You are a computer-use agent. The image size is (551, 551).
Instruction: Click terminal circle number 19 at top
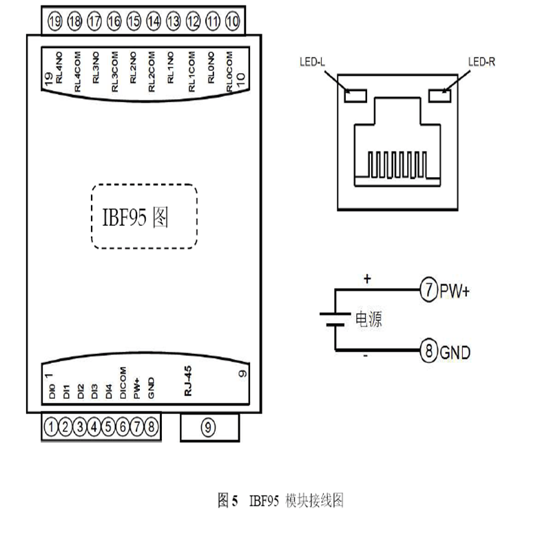(x=56, y=22)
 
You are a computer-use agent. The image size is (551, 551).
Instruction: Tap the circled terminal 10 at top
(x=233, y=22)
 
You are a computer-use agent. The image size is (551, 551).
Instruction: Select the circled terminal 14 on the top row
(x=154, y=22)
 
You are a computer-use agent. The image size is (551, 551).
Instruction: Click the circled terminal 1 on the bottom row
(x=50, y=428)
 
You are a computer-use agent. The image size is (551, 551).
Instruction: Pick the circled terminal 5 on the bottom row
(x=108, y=428)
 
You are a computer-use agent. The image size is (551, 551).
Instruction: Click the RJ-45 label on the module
(x=188, y=382)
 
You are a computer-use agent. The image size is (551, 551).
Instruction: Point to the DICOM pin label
(x=123, y=383)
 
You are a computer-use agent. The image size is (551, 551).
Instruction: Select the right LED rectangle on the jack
(x=439, y=94)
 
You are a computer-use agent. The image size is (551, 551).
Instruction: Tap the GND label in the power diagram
(x=455, y=353)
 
